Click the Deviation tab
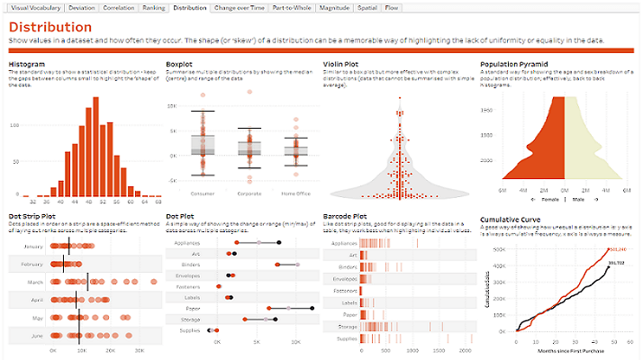[81, 7]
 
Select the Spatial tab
[367, 7]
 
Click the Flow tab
[392, 7]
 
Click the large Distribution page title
[50, 27]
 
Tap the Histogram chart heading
[26, 64]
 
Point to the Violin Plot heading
[343, 64]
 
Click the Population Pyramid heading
[514, 64]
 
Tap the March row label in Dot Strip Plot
[34, 282]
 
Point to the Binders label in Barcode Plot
[347, 267]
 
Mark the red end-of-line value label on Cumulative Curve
[615, 249]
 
